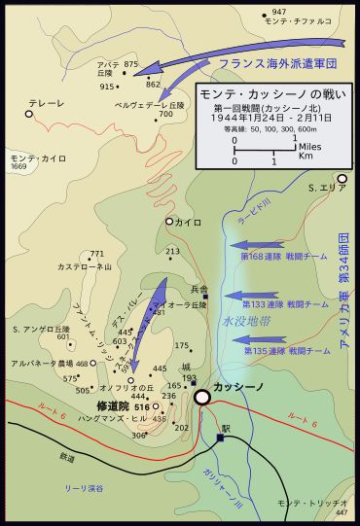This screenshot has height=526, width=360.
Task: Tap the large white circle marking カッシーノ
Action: click(202, 397)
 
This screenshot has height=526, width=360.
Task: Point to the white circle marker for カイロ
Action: click(169, 222)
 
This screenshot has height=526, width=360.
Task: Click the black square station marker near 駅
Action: click(220, 438)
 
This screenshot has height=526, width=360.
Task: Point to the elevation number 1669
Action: click(18, 167)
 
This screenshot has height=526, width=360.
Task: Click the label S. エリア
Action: click(328, 186)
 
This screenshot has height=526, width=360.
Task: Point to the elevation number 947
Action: click(279, 12)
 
